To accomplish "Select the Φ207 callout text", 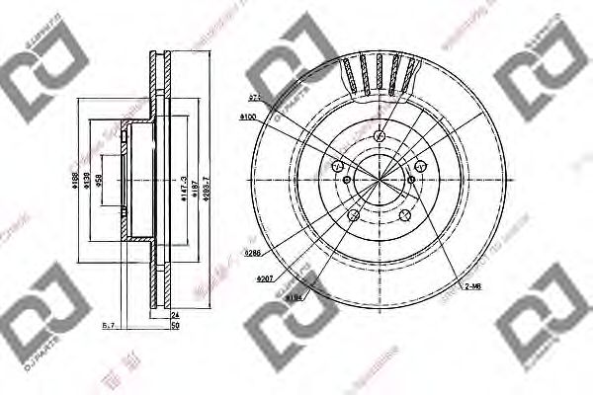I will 265,279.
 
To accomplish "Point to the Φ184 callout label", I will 295,295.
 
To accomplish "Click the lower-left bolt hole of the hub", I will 353,215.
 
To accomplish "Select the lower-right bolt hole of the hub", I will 404,215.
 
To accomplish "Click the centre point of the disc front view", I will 380,179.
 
